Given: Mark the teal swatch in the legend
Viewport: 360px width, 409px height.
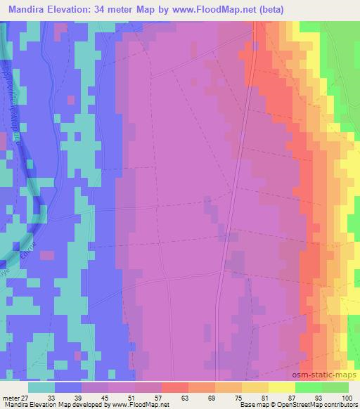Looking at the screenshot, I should tap(41, 387).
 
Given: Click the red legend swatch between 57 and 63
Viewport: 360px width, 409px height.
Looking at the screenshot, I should tap(175, 387).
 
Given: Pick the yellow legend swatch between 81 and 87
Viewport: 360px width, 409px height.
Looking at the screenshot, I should tap(282, 387).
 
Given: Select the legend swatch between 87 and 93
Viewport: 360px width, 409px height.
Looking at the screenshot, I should tap(309, 387).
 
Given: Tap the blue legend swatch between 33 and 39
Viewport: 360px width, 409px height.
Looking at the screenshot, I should tap(68, 387).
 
